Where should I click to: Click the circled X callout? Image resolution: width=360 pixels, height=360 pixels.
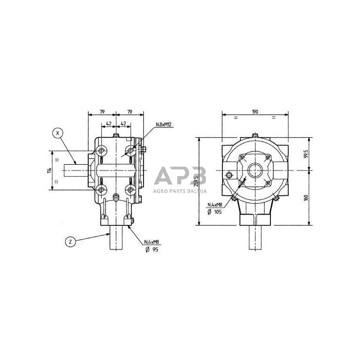(58, 133)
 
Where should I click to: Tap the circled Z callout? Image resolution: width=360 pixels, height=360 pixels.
(70, 242)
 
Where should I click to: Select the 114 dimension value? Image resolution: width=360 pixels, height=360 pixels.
(50, 171)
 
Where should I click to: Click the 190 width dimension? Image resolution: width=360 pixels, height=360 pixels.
(255, 112)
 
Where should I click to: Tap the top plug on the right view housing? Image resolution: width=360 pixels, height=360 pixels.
(256, 135)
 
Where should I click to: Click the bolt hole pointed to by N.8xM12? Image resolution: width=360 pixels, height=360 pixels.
(130, 149)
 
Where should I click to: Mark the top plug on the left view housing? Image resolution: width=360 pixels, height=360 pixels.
(117, 135)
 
